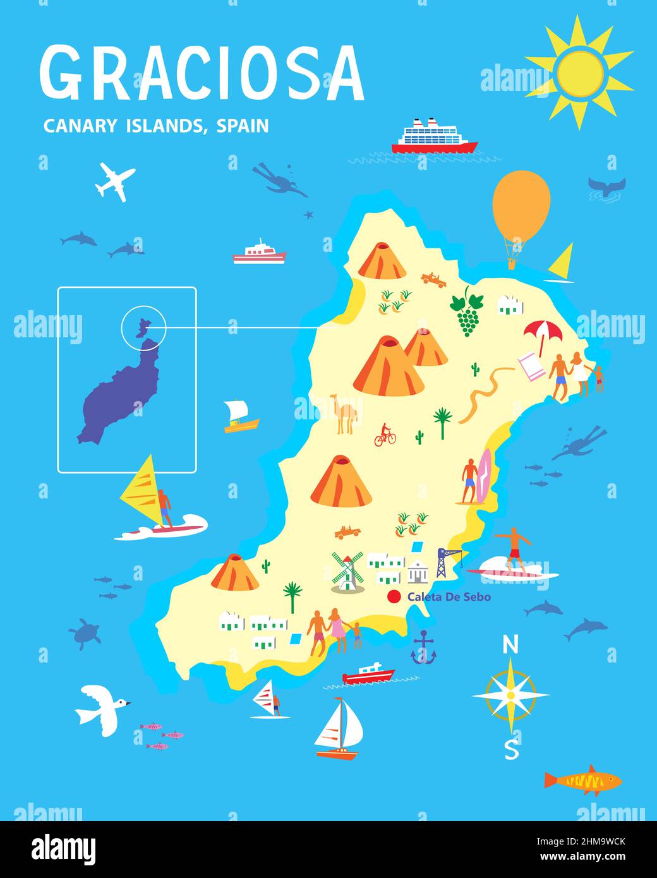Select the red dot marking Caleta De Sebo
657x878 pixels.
(x=394, y=596)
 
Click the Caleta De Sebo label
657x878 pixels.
(x=449, y=596)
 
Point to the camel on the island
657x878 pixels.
(x=344, y=414)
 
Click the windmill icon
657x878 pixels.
(x=347, y=571)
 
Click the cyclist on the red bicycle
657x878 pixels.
(x=385, y=435)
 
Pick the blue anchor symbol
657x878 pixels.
(x=424, y=649)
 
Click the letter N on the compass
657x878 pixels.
(x=510, y=645)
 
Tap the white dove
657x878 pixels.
(x=101, y=709)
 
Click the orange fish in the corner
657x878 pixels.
(x=584, y=781)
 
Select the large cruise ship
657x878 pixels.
(x=434, y=136)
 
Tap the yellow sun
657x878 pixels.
(x=580, y=72)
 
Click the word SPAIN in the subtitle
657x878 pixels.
(x=243, y=126)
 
